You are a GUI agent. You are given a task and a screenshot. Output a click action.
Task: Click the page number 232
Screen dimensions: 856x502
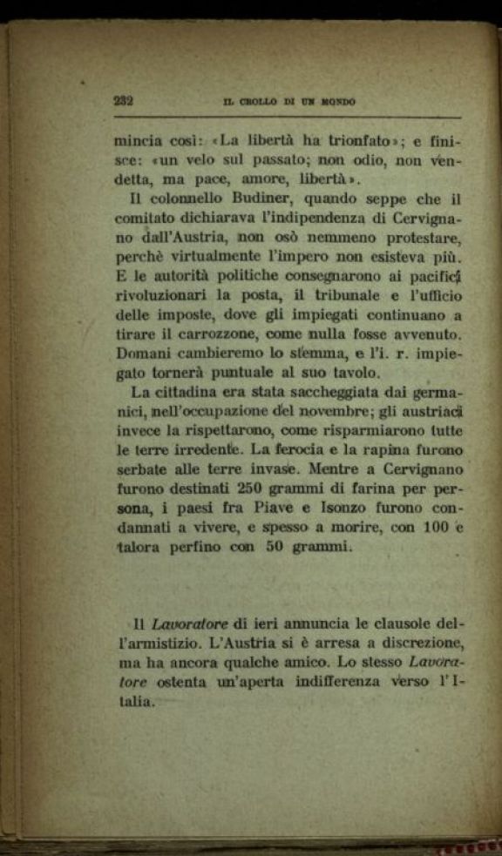pos(123,100)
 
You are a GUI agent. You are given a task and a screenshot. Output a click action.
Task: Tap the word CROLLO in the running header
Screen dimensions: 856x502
pos(254,102)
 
